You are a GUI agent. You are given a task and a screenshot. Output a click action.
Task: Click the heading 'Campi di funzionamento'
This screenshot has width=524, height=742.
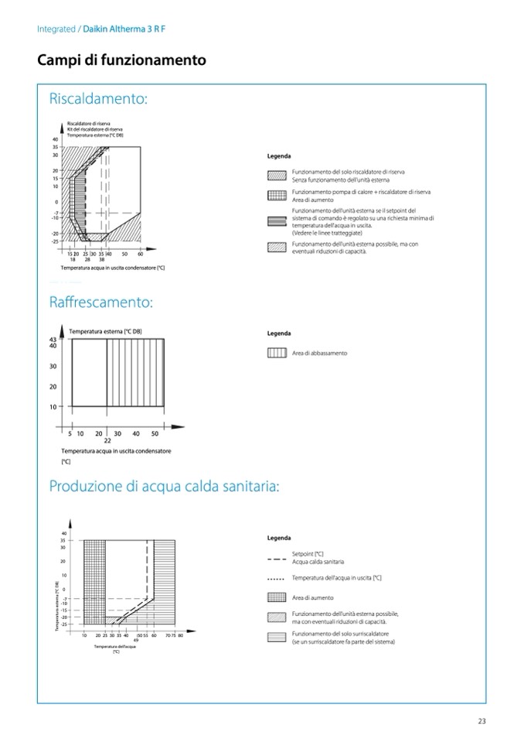pos(121,60)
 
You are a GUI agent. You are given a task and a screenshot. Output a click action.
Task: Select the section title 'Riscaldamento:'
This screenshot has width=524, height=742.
pos(98,99)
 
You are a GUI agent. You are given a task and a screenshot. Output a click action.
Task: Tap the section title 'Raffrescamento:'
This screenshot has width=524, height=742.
pos(100,302)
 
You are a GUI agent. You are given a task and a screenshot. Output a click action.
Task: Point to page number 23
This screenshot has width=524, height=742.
pos(481,722)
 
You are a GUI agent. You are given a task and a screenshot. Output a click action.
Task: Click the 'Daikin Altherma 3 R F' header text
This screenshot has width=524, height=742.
pos(124,29)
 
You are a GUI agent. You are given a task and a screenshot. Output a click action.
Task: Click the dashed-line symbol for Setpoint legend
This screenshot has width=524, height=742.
pos(277,558)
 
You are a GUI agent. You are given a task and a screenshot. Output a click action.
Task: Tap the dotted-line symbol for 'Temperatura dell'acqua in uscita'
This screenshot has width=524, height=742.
pos(277,578)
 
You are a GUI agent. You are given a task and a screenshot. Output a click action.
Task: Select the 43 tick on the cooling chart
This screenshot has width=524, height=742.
pos(53,340)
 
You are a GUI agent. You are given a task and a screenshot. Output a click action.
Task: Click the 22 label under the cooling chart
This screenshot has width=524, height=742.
pos(107,440)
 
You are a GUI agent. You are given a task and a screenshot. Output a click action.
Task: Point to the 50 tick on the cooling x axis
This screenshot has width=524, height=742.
pos(155,433)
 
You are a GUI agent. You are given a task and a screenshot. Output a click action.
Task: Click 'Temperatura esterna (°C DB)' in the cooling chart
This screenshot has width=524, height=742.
pos(105,332)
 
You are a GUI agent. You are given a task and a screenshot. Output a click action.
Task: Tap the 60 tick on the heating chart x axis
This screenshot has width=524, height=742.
pos(141,253)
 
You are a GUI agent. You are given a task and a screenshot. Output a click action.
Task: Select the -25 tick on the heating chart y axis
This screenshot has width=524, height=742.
pos(55,241)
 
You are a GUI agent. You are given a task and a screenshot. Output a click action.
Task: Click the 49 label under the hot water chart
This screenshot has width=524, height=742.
pos(135,640)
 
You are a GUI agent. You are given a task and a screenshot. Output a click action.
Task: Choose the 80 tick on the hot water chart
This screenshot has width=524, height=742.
pos(180,635)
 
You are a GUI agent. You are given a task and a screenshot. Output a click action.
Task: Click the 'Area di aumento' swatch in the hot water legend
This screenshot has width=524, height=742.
pos(277,597)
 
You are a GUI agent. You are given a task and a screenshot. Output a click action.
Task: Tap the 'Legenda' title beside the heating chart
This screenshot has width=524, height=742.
pos(279,156)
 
